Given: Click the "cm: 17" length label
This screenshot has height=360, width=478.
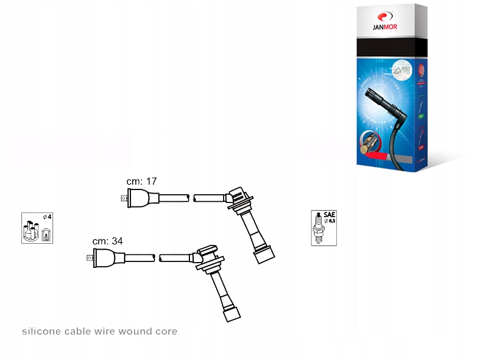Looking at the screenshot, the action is click(x=142, y=181).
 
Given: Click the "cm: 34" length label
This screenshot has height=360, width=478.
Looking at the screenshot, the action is click(x=107, y=241).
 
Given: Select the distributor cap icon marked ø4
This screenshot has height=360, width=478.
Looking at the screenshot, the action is click(x=37, y=228).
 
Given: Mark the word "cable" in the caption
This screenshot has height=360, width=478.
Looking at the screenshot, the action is click(x=76, y=332).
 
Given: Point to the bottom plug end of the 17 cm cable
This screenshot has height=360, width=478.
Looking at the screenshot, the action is click(x=263, y=254).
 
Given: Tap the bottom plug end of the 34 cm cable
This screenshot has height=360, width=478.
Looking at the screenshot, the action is click(x=231, y=313).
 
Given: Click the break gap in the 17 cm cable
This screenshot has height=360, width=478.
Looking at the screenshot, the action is click(x=191, y=198).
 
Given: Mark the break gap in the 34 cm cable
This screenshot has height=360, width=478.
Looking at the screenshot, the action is click(x=158, y=258).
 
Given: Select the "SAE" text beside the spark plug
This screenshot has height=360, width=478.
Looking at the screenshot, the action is click(x=329, y=215).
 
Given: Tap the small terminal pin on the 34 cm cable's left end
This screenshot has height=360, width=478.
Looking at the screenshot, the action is click(x=90, y=257).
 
